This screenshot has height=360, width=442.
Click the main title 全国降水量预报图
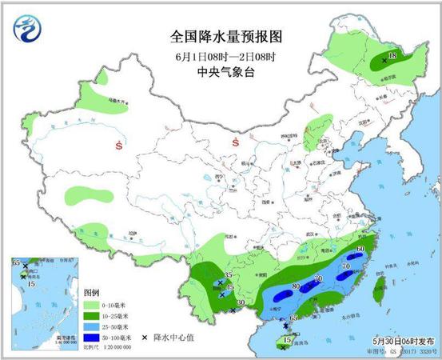(221, 37)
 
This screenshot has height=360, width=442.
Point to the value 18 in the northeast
(392, 55)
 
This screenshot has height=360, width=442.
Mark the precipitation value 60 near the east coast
(360, 250)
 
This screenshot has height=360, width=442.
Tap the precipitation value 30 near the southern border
(241, 302)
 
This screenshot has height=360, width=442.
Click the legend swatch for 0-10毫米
(94, 305)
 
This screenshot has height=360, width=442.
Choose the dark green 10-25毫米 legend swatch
(94, 317)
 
